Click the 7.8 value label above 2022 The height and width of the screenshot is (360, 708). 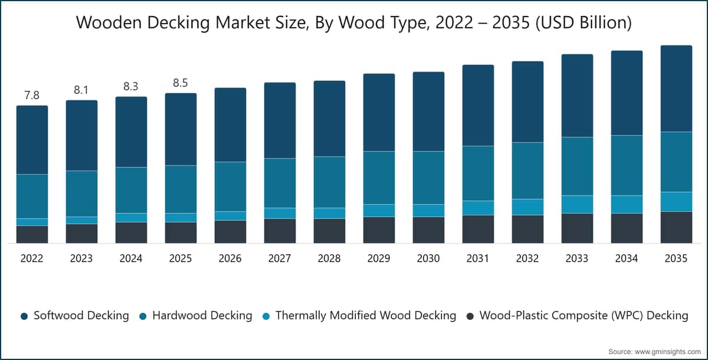[32, 95]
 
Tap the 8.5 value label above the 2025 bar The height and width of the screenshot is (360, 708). [181, 83]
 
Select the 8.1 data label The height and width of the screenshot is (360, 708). [81, 90]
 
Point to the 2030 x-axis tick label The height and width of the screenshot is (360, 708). [428, 258]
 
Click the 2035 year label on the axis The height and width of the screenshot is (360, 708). [676, 258]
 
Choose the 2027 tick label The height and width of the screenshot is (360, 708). [280, 258]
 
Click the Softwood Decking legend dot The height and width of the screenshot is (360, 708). [24, 316]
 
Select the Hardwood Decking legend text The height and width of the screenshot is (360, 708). [202, 315]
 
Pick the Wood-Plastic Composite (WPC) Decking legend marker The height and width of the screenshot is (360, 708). [470, 316]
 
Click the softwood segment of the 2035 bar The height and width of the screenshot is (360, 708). [676, 89]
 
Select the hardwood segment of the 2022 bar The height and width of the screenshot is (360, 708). [32, 197]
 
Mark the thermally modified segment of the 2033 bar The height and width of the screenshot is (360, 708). [577, 205]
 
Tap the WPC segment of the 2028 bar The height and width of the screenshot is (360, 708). [329, 231]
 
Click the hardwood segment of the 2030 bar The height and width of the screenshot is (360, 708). [428, 178]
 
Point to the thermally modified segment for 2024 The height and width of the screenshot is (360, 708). [131, 218]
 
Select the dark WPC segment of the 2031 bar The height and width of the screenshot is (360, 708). [478, 229]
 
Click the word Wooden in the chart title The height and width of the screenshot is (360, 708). [109, 22]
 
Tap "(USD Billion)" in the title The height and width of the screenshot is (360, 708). [584, 23]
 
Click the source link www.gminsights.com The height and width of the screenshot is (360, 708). [668, 352]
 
